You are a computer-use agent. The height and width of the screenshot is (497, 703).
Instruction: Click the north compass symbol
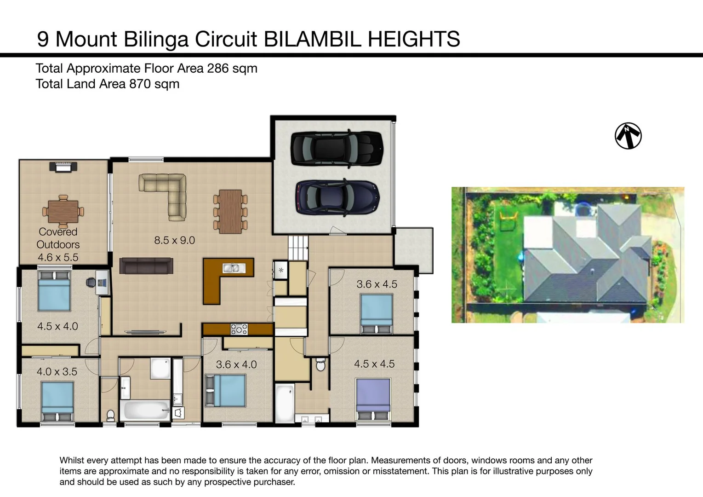[628, 136]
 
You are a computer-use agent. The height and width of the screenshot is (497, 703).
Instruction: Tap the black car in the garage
[337, 148]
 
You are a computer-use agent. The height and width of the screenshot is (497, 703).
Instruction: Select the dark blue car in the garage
[337, 197]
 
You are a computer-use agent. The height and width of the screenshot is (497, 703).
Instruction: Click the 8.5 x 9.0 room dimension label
[174, 240]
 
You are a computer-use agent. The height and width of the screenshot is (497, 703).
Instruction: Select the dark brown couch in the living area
[146, 266]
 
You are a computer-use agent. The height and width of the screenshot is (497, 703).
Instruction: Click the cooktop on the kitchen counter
[239, 329]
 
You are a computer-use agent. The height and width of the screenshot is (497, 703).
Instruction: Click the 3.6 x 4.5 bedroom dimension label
[377, 284]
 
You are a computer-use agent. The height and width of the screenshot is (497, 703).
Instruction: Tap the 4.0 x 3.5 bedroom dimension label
[57, 371]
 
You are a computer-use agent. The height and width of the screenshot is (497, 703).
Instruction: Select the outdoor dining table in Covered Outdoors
[63, 212]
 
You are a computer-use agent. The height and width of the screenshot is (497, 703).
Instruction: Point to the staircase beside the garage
[298, 248]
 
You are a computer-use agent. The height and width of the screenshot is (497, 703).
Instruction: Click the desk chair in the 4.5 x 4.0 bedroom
[91, 283]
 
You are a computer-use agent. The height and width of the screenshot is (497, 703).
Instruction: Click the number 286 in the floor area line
[217, 69]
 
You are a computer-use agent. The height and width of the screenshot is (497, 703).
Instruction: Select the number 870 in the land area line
[140, 84]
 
